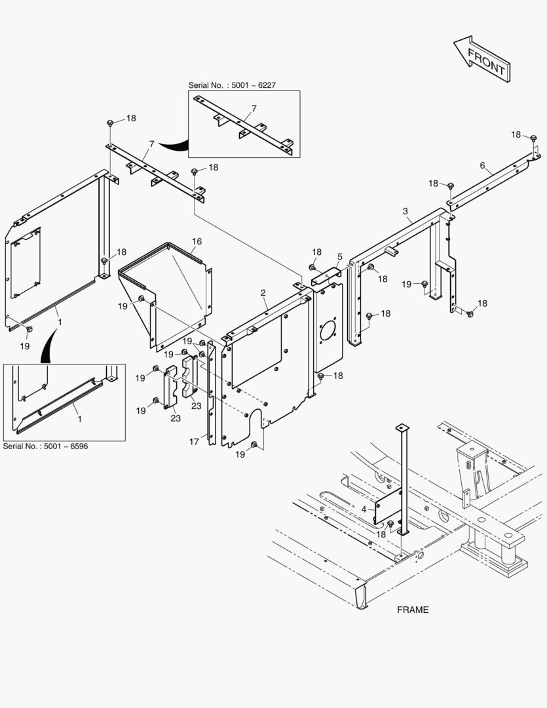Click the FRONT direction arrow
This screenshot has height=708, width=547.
pos(481,58)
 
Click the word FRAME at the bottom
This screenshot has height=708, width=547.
pos(413,610)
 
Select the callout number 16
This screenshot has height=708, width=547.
pos(197,242)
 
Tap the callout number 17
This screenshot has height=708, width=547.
pos(195,442)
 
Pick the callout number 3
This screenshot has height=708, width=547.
pos(406,210)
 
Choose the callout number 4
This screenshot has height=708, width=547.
pos(364,508)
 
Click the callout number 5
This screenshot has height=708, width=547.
pos(340,256)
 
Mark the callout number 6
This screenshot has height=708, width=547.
pos(482,166)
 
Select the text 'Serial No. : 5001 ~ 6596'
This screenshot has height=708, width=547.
pos(46,446)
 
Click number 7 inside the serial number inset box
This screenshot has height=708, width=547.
pos(254,108)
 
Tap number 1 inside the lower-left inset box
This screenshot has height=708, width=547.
pos(79,418)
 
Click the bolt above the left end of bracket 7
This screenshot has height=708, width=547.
pos(110,123)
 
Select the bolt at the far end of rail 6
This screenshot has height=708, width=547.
pos(533,138)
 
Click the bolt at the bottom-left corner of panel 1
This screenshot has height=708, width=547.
pos(28,328)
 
